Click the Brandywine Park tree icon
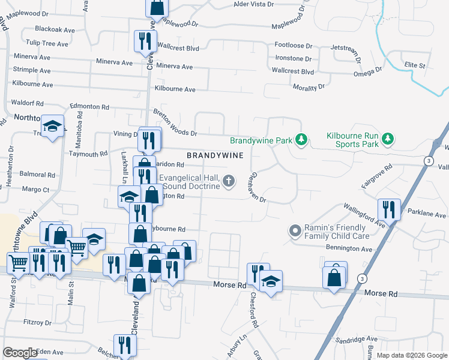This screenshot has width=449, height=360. pos(301,140)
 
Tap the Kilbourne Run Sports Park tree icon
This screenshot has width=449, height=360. pos(388,139)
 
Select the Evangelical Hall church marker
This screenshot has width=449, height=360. pos(228,181)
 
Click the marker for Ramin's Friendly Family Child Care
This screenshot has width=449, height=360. pos(295,230)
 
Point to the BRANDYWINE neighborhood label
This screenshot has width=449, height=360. pos(214,155)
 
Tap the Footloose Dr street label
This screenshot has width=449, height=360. pos(294,46)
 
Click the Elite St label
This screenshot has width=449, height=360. pos(415,65)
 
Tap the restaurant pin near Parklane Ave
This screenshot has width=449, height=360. pos(389,209)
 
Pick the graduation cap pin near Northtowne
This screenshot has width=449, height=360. pos(53,125)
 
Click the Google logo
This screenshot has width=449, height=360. pos(19,353)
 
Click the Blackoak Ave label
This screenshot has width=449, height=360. pos(55,28)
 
